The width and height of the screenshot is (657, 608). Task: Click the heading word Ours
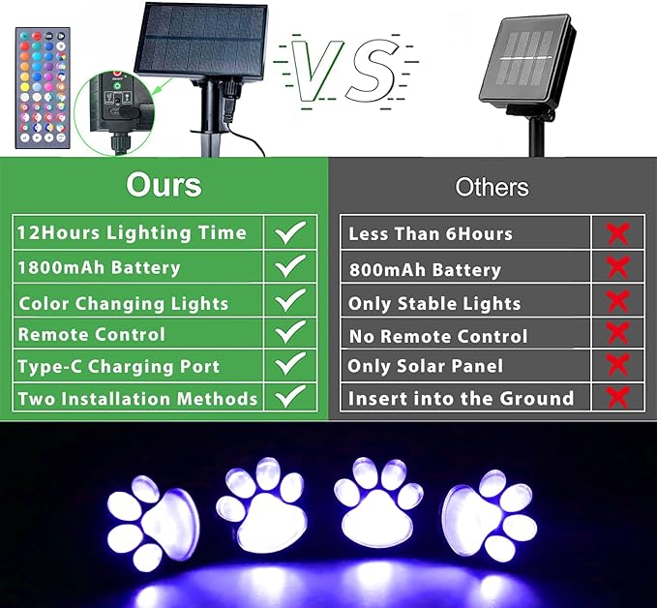point(164,184)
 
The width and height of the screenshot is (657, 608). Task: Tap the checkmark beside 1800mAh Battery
point(289,266)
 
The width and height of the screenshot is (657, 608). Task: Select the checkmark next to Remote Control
point(289,332)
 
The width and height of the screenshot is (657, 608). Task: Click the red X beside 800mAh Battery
point(617,267)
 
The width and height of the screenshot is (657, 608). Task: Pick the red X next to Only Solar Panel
point(617,365)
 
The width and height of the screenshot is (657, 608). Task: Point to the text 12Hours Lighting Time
point(131,232)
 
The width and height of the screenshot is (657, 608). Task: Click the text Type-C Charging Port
point(118,367)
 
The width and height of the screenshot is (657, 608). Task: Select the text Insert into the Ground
point(461,398)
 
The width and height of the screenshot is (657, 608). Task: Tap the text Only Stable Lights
point(433,303)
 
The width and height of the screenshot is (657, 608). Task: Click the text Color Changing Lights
point(124,303)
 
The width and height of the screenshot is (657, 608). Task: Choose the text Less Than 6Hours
point(431,233)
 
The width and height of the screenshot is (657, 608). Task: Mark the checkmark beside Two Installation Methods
point(289,397)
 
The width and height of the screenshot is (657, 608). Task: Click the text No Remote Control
point(437,336)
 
